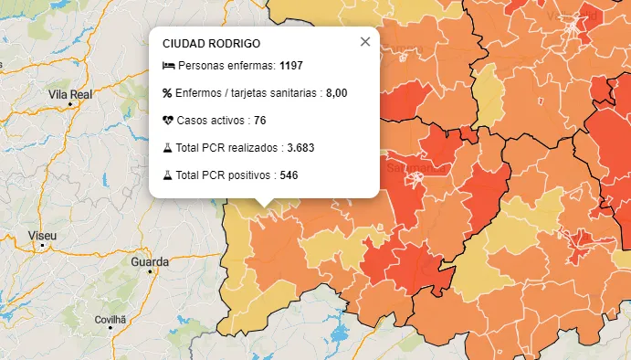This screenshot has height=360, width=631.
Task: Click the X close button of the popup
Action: [x=365, y=42]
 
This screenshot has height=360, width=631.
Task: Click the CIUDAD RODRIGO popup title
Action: [x=211, y=44]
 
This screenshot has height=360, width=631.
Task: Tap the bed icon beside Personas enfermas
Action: [x=168, y=66]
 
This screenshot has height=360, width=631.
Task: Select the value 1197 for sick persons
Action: [x=291, y=66]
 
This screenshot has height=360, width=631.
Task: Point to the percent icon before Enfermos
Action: [x=167, y=93]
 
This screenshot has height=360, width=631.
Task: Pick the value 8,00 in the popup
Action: [x=336, y=93]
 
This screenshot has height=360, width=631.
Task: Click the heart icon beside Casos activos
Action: [x=168, y=121]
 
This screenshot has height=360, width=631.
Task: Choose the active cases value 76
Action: [x=260, y=121]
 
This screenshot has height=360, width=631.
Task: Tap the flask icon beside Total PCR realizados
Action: [x=168, y=148]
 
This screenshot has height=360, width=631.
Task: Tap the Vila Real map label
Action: [x=71, y=94]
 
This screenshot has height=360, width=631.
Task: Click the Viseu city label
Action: [x=43, y=236]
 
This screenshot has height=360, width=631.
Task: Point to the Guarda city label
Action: [x=150, y=262]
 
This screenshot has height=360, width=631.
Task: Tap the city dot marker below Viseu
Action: [x=42, y=247]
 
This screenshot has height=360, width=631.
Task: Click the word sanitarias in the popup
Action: [x=290, y=93]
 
